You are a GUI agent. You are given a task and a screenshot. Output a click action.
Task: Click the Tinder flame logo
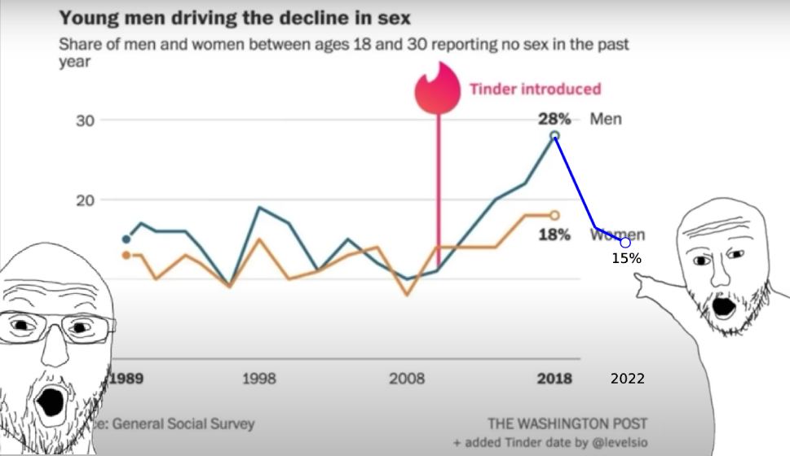click(439, 89)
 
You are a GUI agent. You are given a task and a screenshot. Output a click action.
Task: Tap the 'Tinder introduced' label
click(535, 89)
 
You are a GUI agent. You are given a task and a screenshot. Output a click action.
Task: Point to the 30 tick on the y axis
click(86, 121)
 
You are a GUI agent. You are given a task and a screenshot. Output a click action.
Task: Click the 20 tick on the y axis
click(86, 200)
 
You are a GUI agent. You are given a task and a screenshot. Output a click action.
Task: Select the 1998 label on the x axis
click(258, 379)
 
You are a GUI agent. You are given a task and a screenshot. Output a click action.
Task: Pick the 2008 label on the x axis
click(408, 379)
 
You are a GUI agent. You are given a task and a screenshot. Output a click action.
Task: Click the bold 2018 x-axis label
click(554, 379)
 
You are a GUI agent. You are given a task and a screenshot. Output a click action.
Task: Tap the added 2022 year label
click(628, 379)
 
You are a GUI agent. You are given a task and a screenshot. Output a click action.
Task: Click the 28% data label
click(554, 119)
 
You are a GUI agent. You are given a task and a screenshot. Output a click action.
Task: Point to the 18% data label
click(554, 235)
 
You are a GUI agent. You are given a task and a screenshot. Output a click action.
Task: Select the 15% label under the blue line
click(627, 259)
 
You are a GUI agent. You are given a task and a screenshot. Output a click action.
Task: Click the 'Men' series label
click(605, 119)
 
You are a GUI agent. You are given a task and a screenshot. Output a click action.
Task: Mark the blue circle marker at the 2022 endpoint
click(625, 243)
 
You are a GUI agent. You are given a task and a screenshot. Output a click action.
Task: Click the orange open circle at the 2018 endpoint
click(554, 215)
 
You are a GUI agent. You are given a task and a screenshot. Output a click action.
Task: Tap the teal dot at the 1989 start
click(126, 239)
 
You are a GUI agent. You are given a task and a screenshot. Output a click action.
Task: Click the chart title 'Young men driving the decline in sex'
click(235, 17)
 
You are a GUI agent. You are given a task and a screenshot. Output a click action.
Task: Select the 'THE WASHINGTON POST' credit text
click(567, 423)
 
